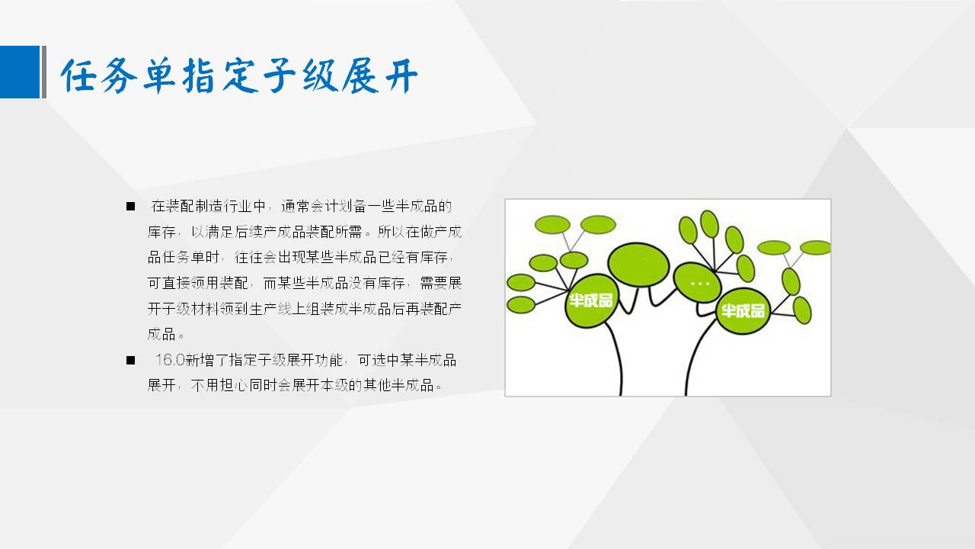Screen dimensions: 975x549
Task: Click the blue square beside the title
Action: [20, 72]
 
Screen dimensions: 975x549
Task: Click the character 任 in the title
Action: [78, 75]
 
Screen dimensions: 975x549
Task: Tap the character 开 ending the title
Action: [401, 75]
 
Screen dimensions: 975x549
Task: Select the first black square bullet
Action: [130, 206]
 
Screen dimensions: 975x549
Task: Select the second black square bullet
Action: [130, 361]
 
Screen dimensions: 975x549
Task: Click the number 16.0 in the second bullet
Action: [170, 360]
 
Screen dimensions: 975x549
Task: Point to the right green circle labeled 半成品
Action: [743, 310]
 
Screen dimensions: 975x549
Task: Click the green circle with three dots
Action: [697, 283]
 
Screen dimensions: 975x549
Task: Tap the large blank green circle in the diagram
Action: [638, 265]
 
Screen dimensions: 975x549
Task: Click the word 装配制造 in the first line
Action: [194, 206]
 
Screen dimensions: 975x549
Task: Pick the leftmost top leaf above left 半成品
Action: [552, 225]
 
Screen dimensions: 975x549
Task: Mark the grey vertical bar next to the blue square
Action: [43, 72]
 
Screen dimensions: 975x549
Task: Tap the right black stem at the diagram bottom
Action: [695, 358]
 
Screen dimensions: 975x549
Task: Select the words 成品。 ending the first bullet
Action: [166, 335]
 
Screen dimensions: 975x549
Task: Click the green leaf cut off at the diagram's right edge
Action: [815, 248]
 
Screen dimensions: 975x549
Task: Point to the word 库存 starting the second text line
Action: [161, 232]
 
